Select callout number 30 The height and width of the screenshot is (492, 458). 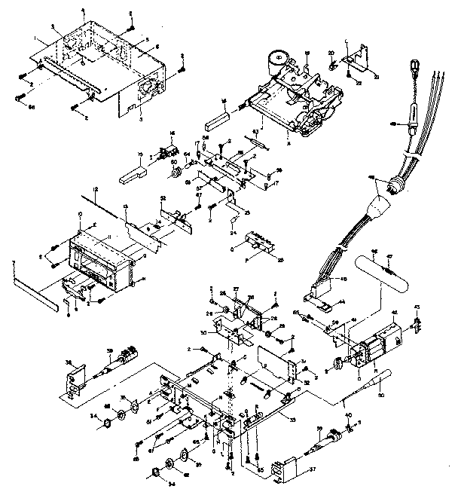pos(216,332)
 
